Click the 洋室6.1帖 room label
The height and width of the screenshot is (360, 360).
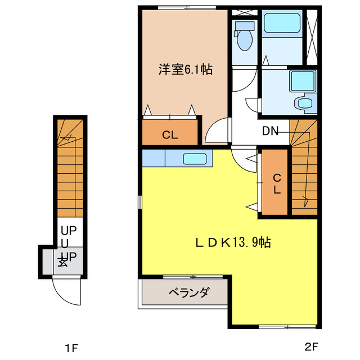click(184, 70)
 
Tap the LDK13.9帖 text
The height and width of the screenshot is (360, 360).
click(233, 242)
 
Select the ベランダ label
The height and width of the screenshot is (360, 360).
click(188, 292)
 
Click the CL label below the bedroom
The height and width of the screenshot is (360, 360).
click(170, 134)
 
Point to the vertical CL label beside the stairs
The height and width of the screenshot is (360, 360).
click(276, 183)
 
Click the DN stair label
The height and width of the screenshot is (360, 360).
click(271, 132)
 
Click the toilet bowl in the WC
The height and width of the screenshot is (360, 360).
click(244, 39)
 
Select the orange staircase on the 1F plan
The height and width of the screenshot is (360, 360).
click(70, 169)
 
